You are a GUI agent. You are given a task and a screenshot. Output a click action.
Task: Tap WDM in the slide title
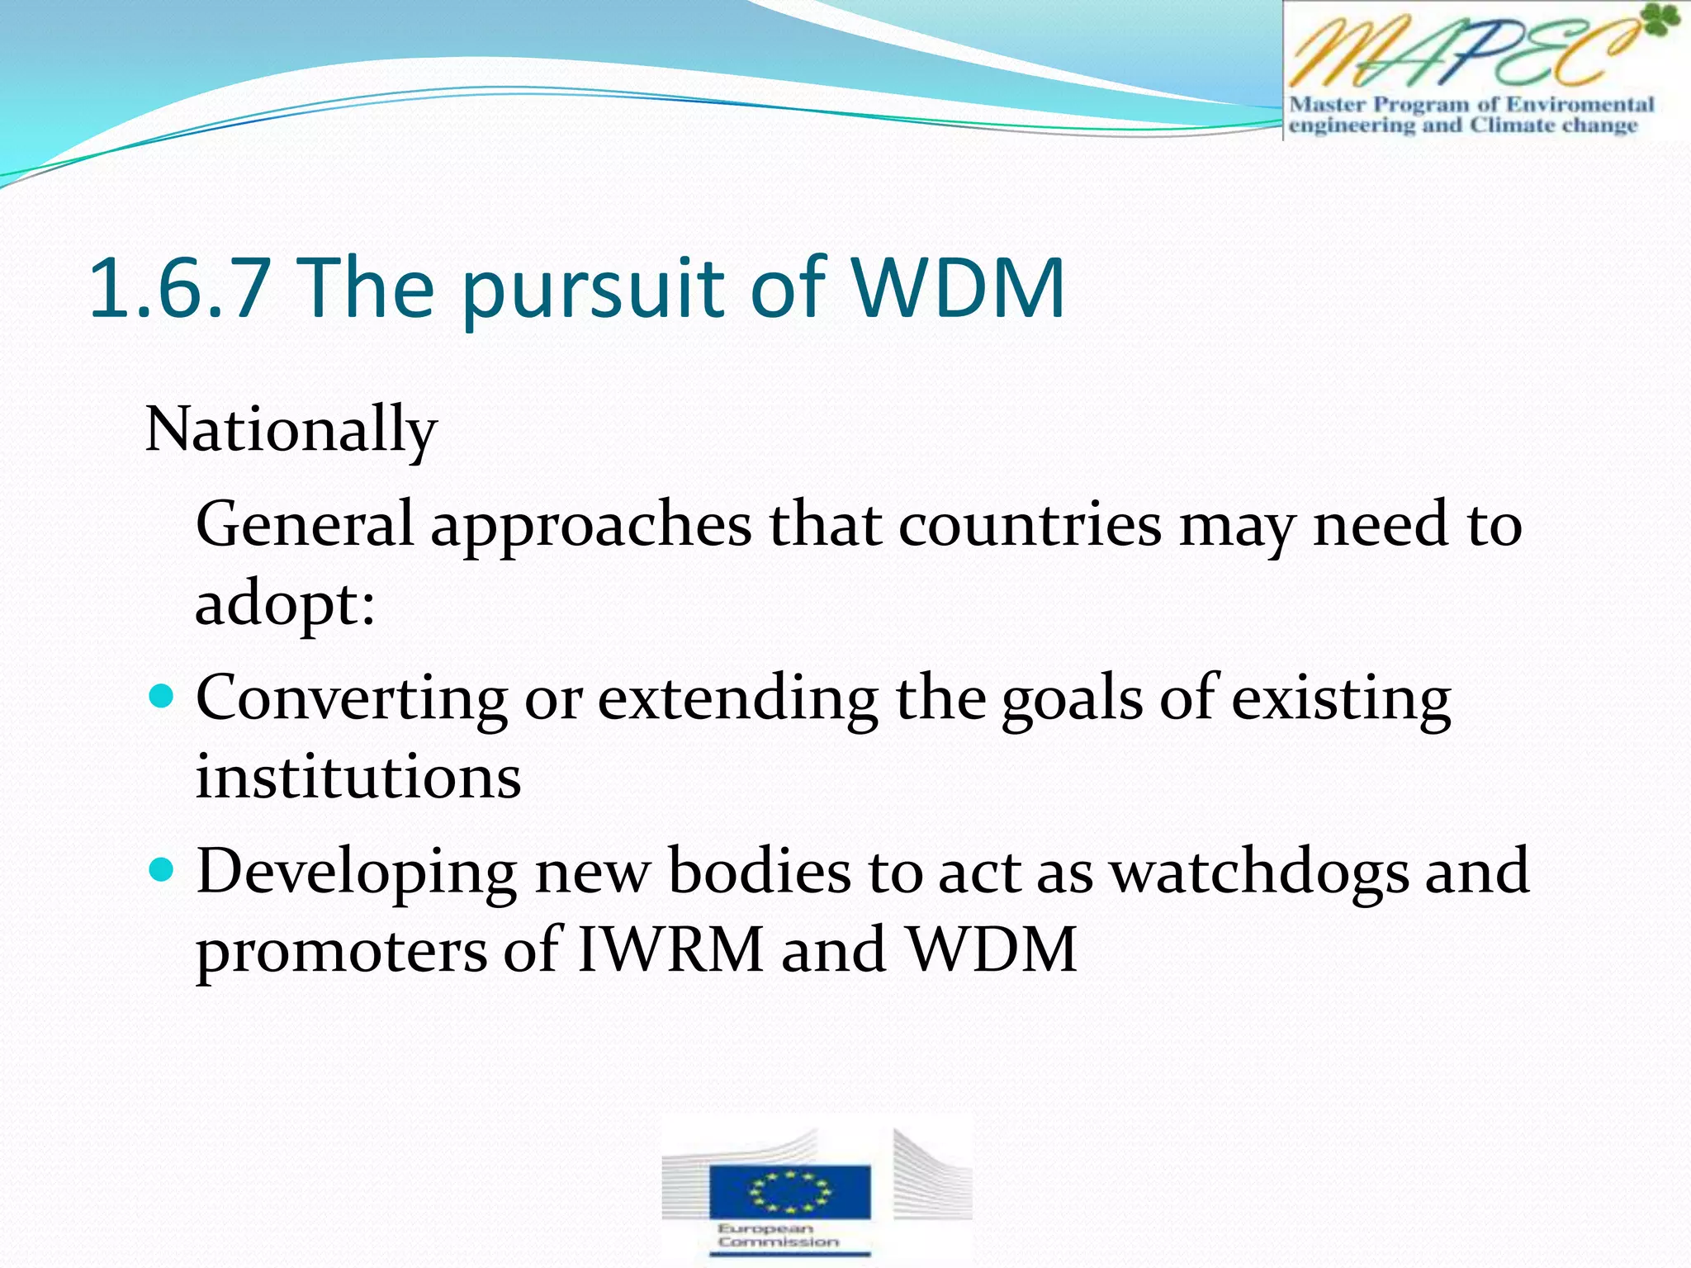[x=958, y=288]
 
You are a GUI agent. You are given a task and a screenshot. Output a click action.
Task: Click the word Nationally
[x=291, y=430]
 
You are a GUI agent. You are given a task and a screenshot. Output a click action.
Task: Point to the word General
[x=304, y=524]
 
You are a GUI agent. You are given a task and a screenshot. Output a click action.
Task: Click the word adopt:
[x=285, y=604]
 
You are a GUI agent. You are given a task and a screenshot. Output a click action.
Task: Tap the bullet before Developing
[x=163, y=870]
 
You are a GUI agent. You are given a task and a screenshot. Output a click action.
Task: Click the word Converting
[x=351, y=699]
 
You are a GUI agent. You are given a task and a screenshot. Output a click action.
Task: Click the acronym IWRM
[x=670, y=950]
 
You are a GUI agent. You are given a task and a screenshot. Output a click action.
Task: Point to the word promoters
[x=339, y=952]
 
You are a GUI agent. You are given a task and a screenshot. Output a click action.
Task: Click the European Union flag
[x=789, y=1191]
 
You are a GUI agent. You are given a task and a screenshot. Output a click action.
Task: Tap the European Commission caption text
[x=777, y=1235]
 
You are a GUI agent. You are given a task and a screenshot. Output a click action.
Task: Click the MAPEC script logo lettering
[x=1461, y=54]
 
